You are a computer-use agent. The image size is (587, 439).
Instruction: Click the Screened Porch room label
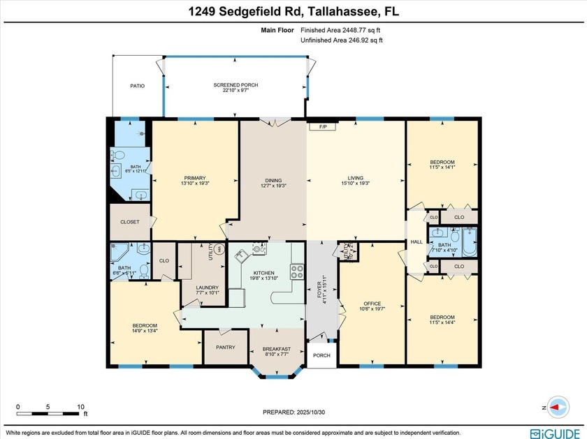tap(235, 85)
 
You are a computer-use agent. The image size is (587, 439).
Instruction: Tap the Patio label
tap(137, 86)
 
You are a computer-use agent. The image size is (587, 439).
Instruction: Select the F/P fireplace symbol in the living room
tap(324, 127)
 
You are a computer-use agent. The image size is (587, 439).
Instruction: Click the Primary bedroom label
tap(195, 178)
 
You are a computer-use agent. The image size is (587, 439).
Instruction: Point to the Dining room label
tap(273, 178)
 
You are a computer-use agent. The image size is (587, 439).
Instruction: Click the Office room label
tap(372, 304)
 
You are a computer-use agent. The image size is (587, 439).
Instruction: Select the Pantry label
tap(226, 347)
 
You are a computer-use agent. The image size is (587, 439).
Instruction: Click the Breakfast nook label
tap(275, 349)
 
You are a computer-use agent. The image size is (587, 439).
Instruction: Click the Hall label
tap(416, 241)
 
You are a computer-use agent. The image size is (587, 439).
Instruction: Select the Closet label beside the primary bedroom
tap(129, 222)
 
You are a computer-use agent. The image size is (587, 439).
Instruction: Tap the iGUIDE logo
tap(555, 431)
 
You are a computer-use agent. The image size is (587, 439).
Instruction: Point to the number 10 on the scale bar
tap(80, 406)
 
